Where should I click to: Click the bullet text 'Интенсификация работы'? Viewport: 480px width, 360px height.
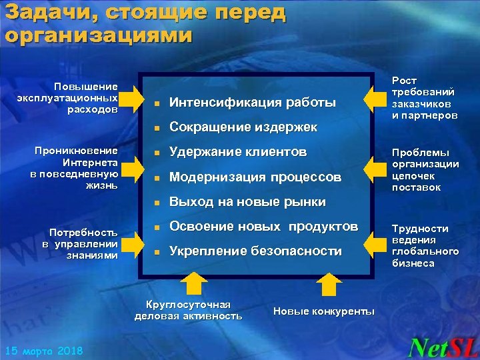point(253,103)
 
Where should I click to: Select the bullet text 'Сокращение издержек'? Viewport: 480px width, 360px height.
point(243,127)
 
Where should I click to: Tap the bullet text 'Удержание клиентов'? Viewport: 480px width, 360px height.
point(238,152)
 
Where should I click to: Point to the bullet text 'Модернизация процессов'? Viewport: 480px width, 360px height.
point(255,177)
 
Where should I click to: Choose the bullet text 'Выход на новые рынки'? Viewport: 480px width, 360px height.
point(247,201)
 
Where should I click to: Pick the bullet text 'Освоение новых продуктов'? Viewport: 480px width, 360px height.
point(263,227)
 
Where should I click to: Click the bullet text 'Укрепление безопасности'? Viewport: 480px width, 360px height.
point(255,251)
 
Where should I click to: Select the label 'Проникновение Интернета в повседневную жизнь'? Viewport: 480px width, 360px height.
point(75,168)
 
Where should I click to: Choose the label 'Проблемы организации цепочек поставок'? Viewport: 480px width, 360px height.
point(425,170)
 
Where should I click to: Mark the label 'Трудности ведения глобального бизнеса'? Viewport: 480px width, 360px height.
point(425,245)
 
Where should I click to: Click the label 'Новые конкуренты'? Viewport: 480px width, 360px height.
point(324,311)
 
